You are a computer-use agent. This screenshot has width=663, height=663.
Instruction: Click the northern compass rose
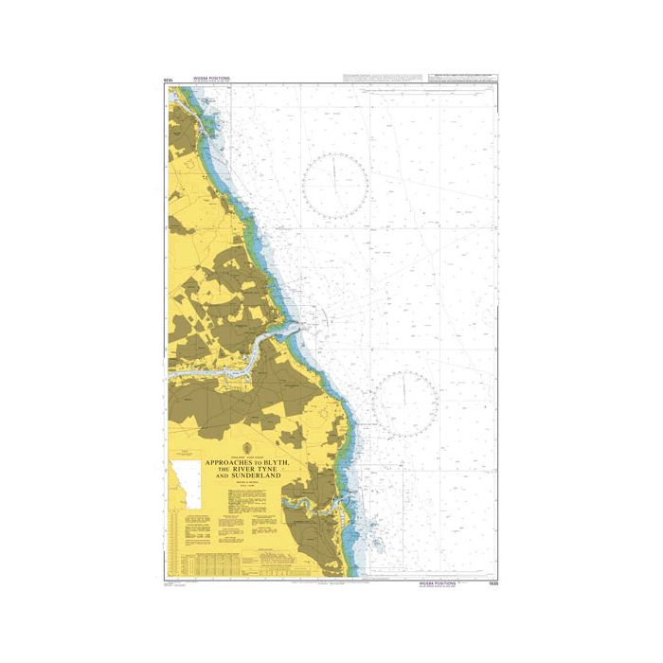[x=335, y=184]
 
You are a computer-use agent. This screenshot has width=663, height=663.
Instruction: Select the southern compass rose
[x=404, y=402]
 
